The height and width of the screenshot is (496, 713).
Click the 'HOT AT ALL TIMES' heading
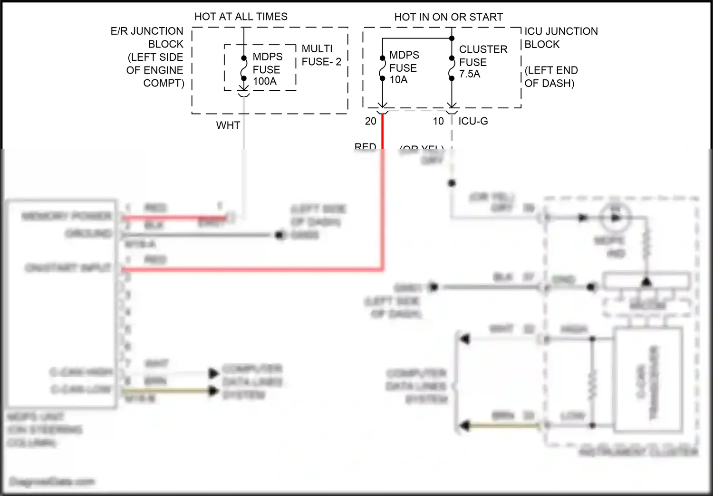(241, 17)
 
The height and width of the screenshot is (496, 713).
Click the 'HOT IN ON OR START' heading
(448, 17)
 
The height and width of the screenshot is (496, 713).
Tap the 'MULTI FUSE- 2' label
(321, 55)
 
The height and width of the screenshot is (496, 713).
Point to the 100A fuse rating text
(265, 81)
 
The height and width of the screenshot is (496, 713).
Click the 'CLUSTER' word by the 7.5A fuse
(483, 49)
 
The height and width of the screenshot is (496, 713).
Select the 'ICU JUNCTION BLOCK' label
(560, 38)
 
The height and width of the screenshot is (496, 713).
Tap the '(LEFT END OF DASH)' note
(550, 77)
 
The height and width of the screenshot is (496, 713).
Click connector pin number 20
(371, 122)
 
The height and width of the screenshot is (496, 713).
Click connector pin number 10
(438, 122)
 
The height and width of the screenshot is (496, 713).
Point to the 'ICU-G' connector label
(473, 122)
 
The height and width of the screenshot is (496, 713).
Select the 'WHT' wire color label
(228, 125)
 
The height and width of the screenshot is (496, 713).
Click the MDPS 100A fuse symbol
(243, 68)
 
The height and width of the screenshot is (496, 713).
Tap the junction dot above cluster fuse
(452, 38)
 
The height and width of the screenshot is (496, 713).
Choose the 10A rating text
(398, 80)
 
